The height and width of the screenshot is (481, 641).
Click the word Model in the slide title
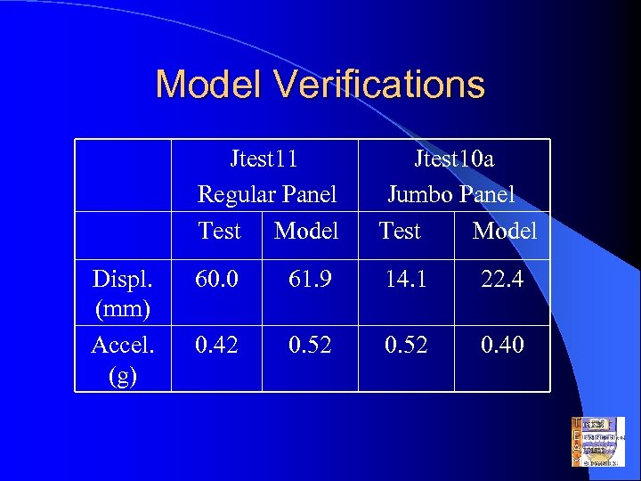click(210, 85)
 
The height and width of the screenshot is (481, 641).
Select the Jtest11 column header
click(264, 159)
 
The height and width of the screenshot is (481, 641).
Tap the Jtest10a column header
click(455, 159)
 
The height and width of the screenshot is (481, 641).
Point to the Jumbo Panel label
click(451, 194)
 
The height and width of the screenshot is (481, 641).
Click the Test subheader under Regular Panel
click(220, 231)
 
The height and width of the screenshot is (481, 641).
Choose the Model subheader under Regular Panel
click(306, 231)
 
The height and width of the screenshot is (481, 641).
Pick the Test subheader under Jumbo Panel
click(400, 231)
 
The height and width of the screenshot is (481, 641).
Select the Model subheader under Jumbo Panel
click(505, 231)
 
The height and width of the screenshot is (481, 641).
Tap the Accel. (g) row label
click(120, 359)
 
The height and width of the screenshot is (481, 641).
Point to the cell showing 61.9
click(310, 280)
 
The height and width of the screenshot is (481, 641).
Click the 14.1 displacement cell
click(406, 280)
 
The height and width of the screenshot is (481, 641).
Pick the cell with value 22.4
click(502, 280)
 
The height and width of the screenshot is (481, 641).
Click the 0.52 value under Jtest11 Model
click(310, 344)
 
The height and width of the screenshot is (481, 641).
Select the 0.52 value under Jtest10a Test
click(406, 344)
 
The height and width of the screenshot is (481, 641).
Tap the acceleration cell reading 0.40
click(502, 344)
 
